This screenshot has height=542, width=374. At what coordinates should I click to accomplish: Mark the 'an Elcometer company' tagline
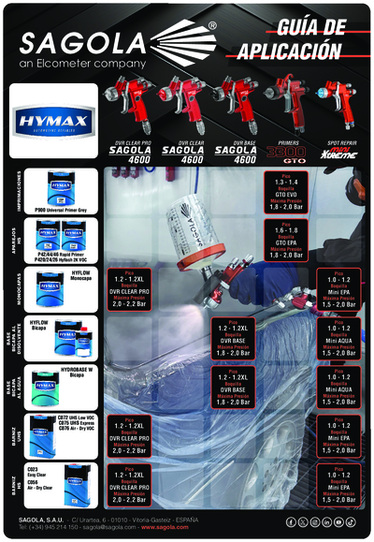tap(78, 65)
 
